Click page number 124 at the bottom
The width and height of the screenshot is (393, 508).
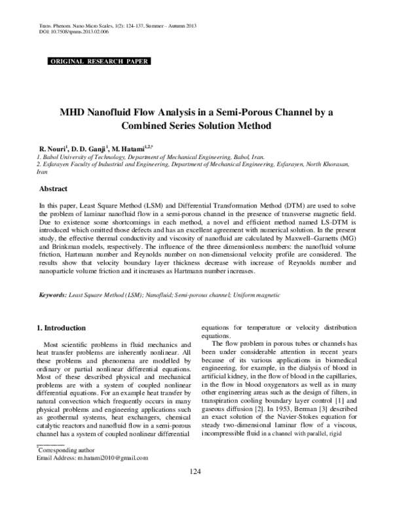tap(195, 491)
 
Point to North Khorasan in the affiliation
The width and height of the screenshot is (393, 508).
tap(335, 166)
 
